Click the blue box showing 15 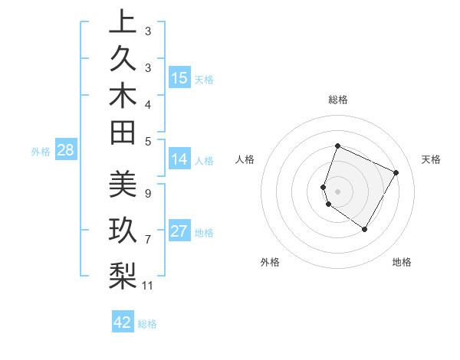tap(179, 78)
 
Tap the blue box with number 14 tap(179, 160)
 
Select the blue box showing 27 tap(179, 232)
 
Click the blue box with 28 tap(65, 150)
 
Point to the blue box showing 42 tap(123, 322)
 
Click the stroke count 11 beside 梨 tap(148, 286)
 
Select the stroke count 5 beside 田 tap(147, 140)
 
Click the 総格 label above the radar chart tap(337, 100)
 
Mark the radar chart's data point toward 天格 tap(396, 172)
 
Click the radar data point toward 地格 tap(365, 229)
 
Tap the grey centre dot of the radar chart tap(337, 191)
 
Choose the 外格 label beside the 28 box tap(41, 151)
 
